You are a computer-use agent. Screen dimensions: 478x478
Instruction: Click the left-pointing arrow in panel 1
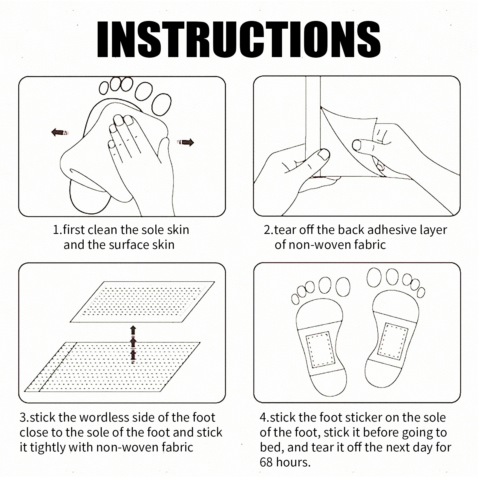(x=60, y=132)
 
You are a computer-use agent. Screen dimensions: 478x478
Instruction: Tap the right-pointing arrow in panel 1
(x=186, y=143)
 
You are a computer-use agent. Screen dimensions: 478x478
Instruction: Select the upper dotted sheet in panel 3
(x=142, y=302)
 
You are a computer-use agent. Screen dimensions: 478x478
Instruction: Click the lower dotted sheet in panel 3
(x=112, y=367)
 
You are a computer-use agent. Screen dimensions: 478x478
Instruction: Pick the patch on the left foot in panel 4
(x=319, y=349)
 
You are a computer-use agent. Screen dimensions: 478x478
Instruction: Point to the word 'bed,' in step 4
(x=269, y=447)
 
